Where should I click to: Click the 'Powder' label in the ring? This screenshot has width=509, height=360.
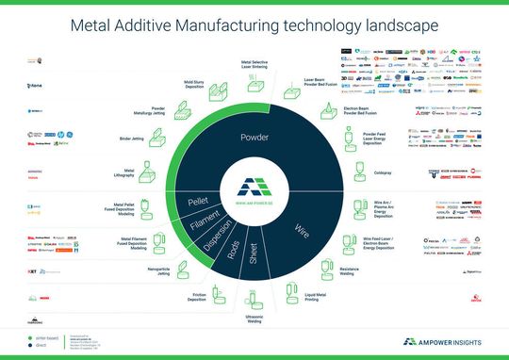tap(254, 138)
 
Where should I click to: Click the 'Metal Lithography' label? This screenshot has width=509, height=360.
tap(123, 173)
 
